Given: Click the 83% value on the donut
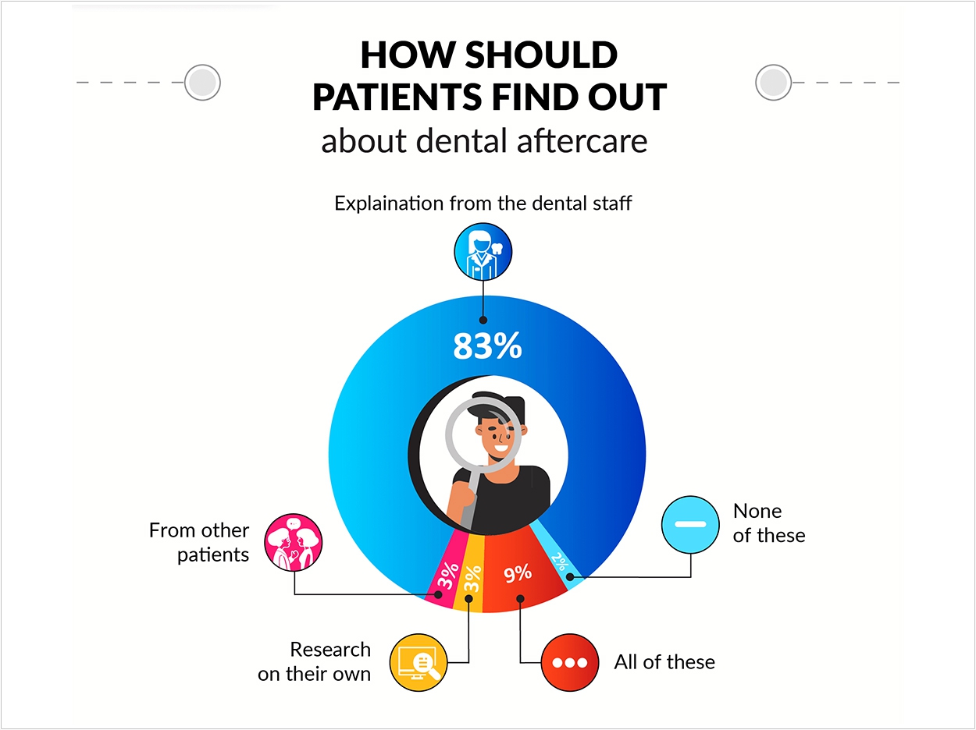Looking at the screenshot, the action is [x=487, y=346].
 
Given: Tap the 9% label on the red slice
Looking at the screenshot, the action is [x=518, y=573].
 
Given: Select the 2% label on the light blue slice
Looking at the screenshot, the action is [x=560, y=562].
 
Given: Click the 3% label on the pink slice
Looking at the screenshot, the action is [x=447, y=576].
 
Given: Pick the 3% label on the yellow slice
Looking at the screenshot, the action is [x=472, y=579].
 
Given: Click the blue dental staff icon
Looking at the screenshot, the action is [x=483, y=252].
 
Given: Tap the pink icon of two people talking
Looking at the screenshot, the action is [x=293, y=542].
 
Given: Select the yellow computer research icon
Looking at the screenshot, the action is [x=419, y=662].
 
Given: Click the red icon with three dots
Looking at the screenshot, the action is [x=569, y=662].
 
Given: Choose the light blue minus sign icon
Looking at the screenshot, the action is [x=690, y=524].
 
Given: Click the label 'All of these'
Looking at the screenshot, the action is [x=664, y=662].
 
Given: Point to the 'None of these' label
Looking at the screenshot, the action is [x=769, y=523].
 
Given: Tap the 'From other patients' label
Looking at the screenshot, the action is [x=199, y=543].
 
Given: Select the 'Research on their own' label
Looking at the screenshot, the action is [x=314, y=661].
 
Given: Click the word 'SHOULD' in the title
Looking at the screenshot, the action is [x=541, y=55].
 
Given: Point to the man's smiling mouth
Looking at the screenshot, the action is [x=500, y=447].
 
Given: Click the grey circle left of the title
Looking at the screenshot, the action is [x=202, y=83].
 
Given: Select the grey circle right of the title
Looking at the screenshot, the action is [x=773, y=83].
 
